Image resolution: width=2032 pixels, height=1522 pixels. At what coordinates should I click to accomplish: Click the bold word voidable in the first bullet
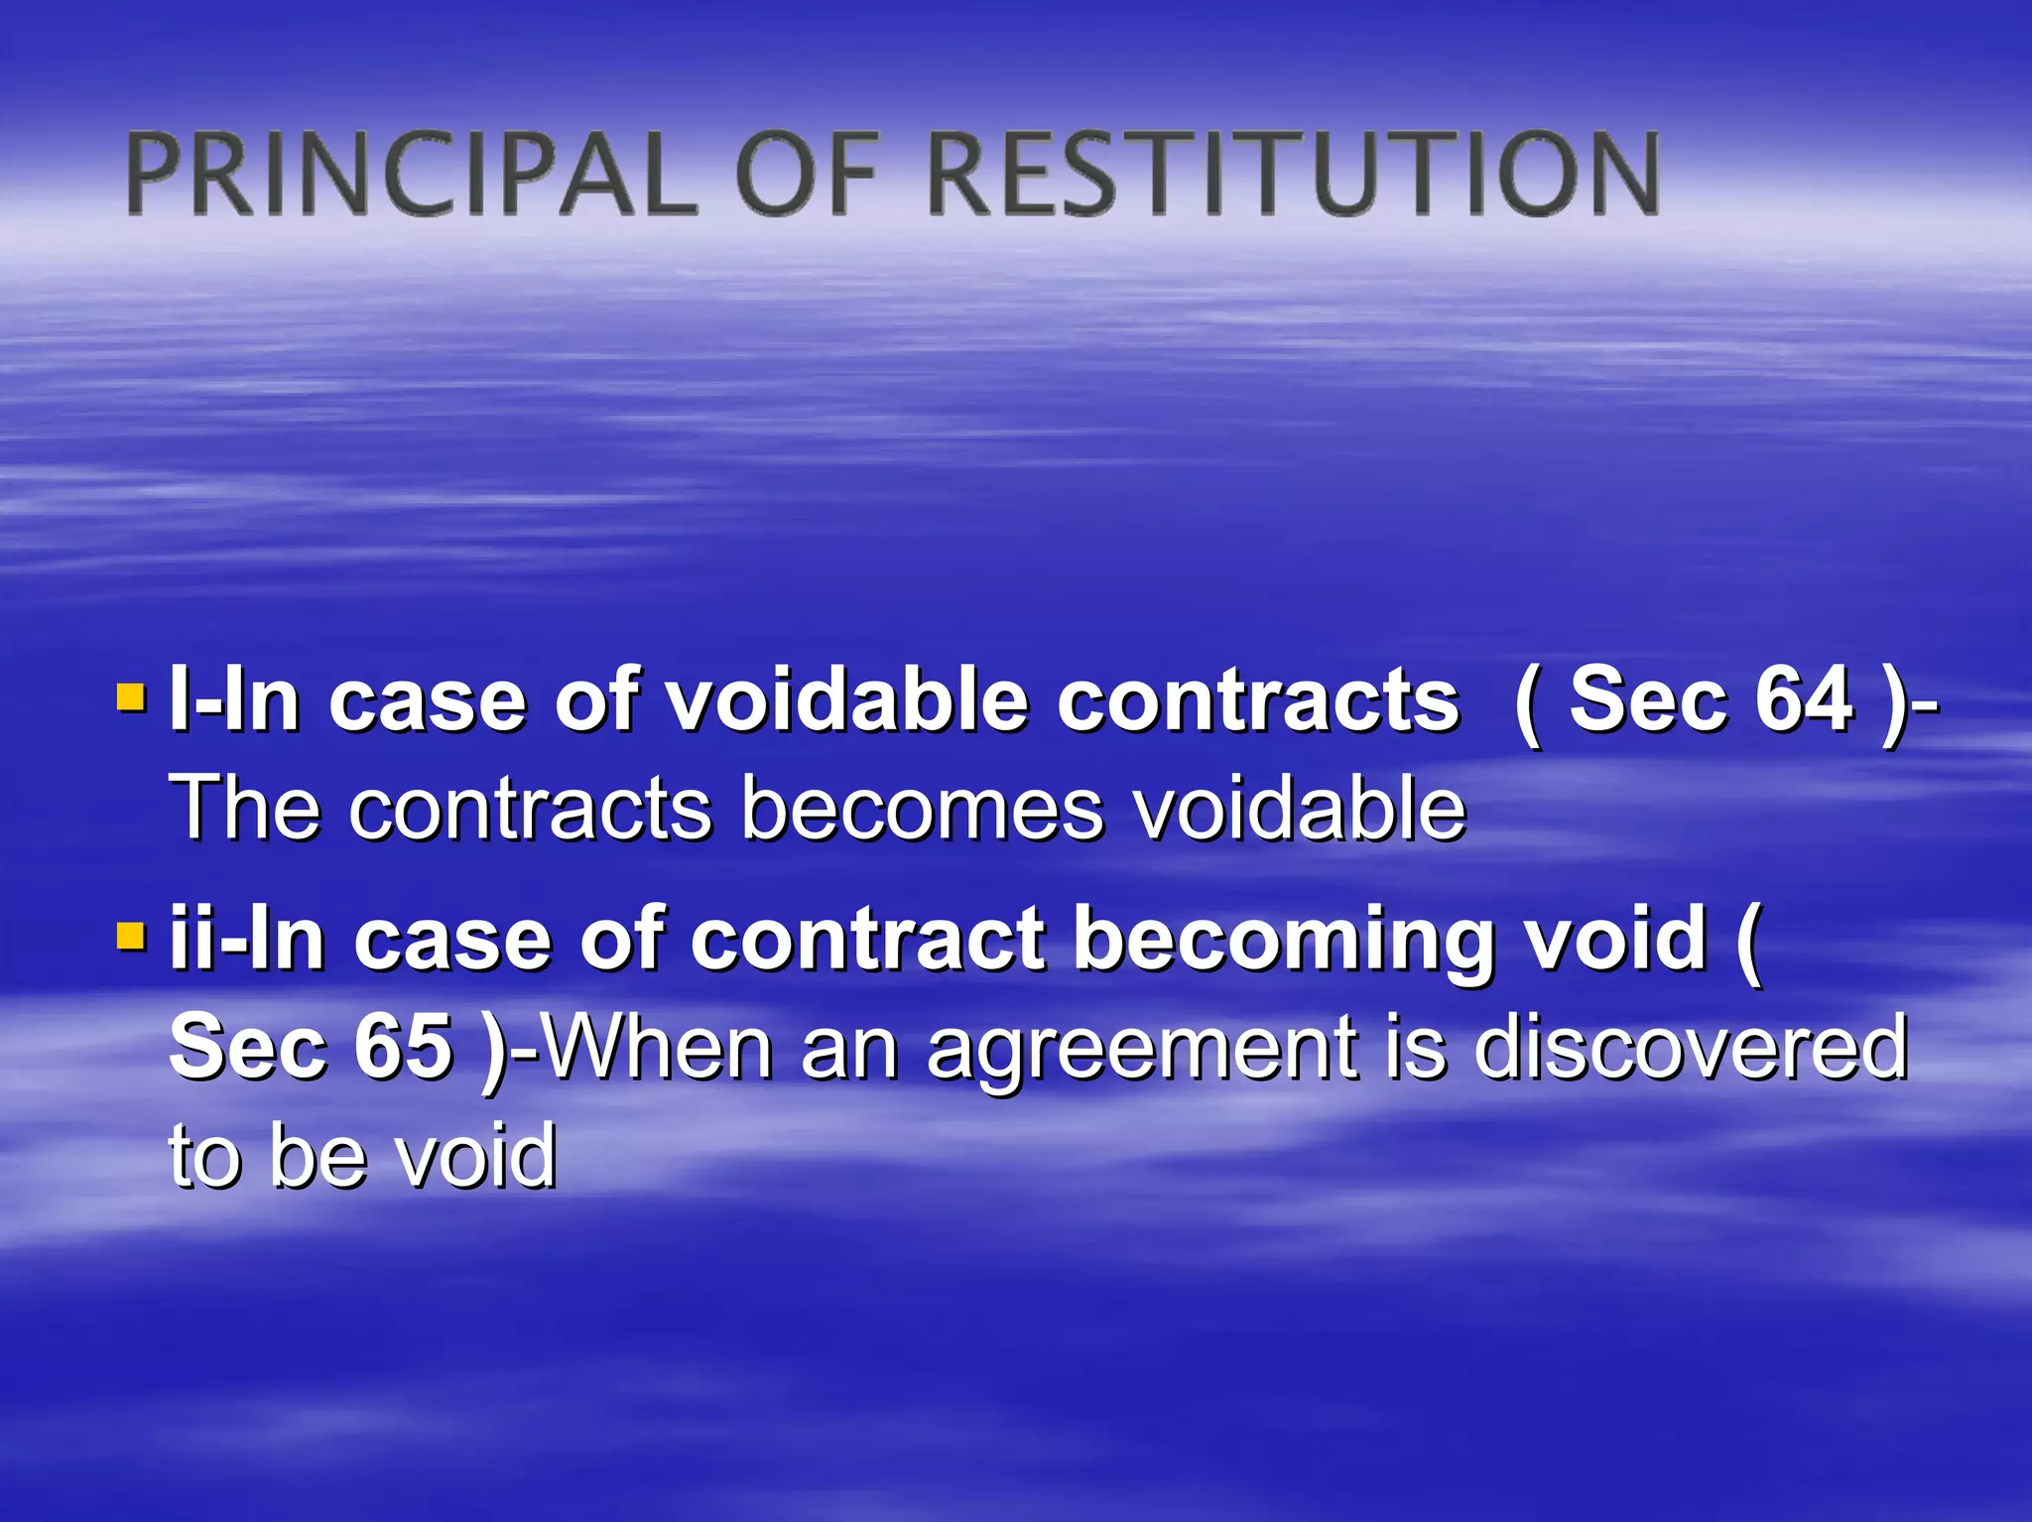(x=847, y=699)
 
